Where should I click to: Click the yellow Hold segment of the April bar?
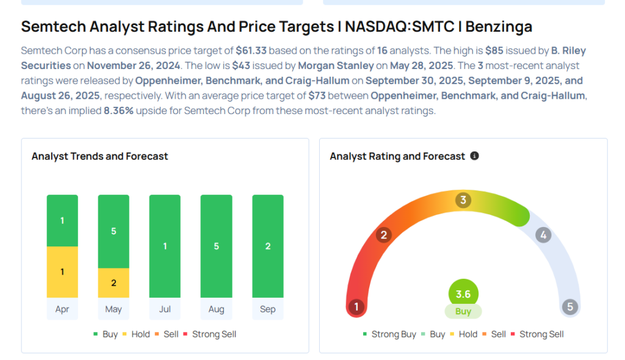(62, 272)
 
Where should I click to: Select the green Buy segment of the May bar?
(114, 231)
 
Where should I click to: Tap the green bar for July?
(165, 246)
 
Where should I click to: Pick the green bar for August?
(216, 246)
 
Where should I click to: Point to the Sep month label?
(267, 309)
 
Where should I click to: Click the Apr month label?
(62, 309)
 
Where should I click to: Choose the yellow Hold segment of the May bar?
(114, 283)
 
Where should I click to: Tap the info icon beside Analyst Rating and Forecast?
(474, 156)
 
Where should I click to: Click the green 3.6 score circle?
(463, 294)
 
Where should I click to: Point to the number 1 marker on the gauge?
(356, 307)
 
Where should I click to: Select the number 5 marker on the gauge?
(570, 307)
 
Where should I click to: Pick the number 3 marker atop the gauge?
(463, 200)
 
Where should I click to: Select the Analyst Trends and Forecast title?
(99, 156)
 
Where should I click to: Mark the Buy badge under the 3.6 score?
(463, 312)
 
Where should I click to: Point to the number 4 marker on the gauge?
(543, 235)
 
